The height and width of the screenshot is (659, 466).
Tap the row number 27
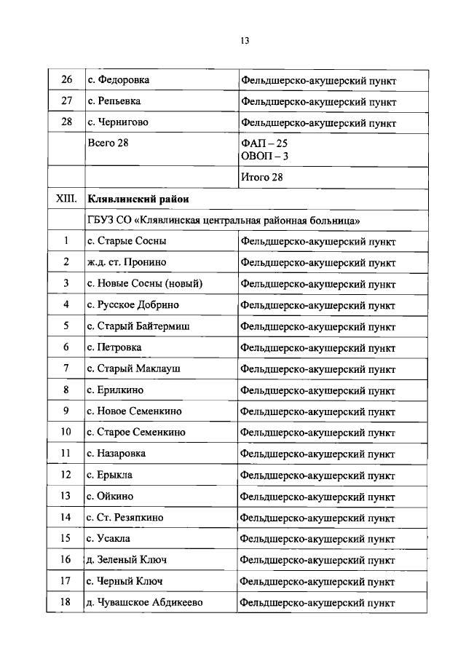tap(66, 101)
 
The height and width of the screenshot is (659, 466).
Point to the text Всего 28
tap(108, 143)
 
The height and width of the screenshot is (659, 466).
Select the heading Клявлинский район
tap(139, 198)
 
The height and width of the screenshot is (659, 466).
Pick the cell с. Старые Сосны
tap(127, 240)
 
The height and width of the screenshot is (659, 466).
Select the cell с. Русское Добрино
tap(133, 304)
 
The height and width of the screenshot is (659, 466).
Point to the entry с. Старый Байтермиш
tap(138, 326)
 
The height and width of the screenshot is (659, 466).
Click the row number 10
tap(66, 432)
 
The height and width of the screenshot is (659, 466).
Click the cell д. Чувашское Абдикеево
tap(144, 603)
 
